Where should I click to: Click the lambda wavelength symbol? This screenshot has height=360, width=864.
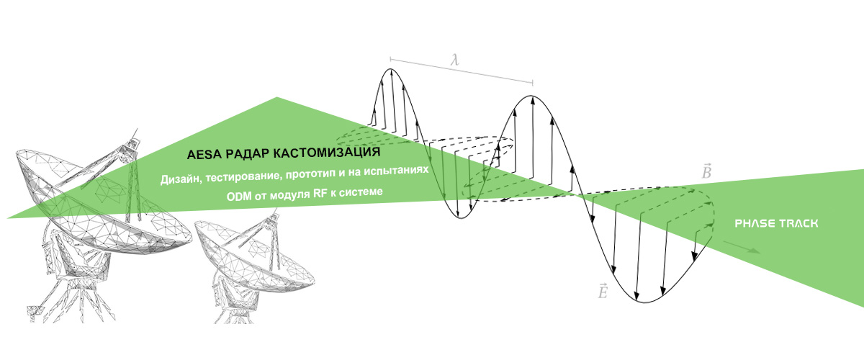456,60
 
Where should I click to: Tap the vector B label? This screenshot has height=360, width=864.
706,171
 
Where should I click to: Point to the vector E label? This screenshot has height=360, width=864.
603,291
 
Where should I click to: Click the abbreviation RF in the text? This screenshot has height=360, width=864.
320,194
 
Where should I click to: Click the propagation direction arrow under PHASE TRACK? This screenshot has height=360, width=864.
742,248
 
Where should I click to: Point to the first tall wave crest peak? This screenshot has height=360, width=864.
390,69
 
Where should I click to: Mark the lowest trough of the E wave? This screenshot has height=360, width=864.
645,302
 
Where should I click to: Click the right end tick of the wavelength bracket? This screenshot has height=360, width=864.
533,83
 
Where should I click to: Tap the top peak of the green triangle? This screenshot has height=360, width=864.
277,97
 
